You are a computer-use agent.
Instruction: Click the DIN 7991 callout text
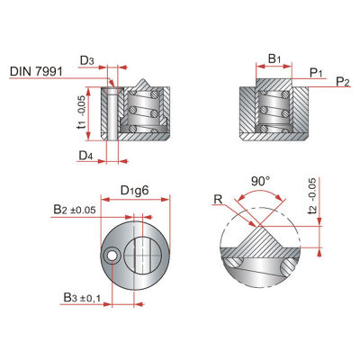pyautogui.click(x=36, y=71)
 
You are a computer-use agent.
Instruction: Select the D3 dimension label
pyautogui.click(x=87, y=61)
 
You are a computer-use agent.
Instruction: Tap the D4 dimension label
pyautogui.click(x=85, y=156)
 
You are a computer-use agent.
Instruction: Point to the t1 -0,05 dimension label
pyautogui.click(x=82, y=113)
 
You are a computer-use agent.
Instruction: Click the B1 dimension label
pyautogui.click(x=274, y=58)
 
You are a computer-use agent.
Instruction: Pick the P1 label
pyautogui.click(x=316, y=72)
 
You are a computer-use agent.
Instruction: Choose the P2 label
pyautogui.click(x=343, y=81)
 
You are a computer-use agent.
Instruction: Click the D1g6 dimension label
pyautogui.click(x=135, y=190)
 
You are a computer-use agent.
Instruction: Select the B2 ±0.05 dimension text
pyautogui.click(x=75, y=209)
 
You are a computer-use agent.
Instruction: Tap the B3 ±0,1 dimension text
pyautogui.click(x=82, y=298)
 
